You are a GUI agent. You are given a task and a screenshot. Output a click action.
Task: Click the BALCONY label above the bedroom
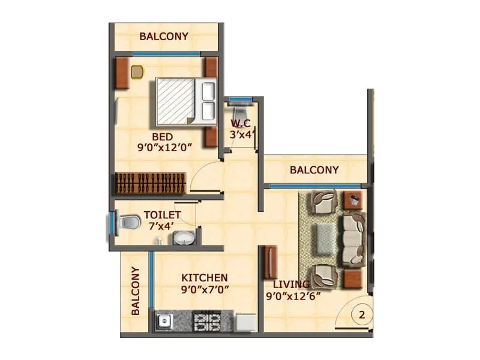tap(164, 36)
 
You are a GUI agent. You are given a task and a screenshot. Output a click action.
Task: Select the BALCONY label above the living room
tap(314, 170)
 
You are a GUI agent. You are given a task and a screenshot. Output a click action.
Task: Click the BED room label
tap(162, 136)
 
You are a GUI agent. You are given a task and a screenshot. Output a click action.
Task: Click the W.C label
tap(240, 124)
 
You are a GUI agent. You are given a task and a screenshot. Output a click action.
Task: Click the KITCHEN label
tap(205, 278)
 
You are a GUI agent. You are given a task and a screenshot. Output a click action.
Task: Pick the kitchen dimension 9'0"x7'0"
tap(205, 289)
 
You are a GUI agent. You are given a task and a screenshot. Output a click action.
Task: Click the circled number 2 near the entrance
tap(361, 313)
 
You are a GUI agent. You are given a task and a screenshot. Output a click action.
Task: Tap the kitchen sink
tap(163, 322)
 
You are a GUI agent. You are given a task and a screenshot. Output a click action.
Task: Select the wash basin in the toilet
tap(182, 238)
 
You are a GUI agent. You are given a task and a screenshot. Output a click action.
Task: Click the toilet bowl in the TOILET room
tap(127, 222)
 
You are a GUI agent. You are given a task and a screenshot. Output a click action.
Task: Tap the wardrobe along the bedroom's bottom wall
tap(150, 182)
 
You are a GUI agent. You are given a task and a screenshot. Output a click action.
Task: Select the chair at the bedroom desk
tap(137, 71)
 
